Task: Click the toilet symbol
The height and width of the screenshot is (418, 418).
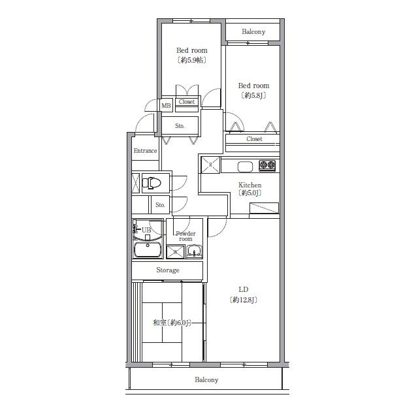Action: pyautogui.click(x=152, y=183)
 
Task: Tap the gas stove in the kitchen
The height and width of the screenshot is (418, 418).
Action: pyautogui.click(x=267, y=165)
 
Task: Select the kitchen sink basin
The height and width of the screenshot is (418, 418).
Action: pyautogui.click(x=245, y=167)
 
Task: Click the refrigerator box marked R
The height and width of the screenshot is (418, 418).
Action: pyautogui.click(x=210, y=165)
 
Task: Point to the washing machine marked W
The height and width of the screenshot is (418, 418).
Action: pyautogui.click(x=175, y=252)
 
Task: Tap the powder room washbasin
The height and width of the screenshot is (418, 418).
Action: pyautogui.click(x=195, y=251)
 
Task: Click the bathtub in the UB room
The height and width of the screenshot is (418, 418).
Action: pyautogui.click(x=148, y=249)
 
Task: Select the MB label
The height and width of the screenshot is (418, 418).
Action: pyautogui.click(x=166, y=106)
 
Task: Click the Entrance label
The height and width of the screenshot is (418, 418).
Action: pyautogui.click(x=145, y=151)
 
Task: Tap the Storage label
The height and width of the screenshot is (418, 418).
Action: pyautogui.click(x=168, y=270)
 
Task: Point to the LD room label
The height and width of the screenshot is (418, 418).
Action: pyautogui.click(x=243, y=289)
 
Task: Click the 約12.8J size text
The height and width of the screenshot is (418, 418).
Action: pyautogui.click(x=243, y=300)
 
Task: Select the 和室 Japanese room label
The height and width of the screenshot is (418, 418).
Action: pyautogui.click(x=159, y=323)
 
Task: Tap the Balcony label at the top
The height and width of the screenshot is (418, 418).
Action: pyautogui.click(x=253, y=32)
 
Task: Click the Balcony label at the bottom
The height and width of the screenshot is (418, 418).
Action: pyautogui.click(x=206, y=379)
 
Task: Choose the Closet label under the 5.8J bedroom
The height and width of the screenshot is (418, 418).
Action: pyautogui.click(x=254, y=139)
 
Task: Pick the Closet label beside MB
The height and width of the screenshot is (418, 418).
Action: pyautogui.click(x=187, y=102)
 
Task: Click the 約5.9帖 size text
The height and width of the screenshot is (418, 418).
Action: pyautogui.click(x=192, y=60)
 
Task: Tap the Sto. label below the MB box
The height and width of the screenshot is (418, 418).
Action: pyautogui.click(x=180, y=126)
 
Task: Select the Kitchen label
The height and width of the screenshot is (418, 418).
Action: pyautogui.click(x=249, y=185)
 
